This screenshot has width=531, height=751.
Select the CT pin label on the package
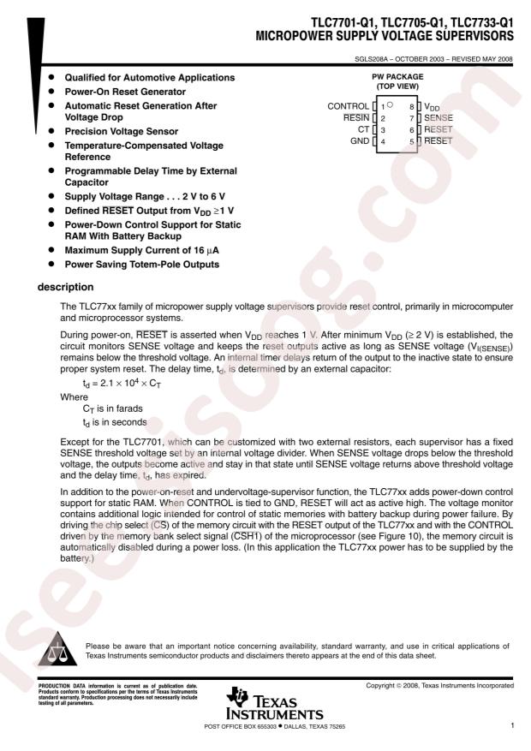pyautogui.click(x=363, y=128)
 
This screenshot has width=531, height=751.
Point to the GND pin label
pyautogui.click(x=360, y=140)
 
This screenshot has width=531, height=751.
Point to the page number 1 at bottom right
pyautogui.click(x=511, y=726)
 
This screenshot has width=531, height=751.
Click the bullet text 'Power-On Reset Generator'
pyautogui.click(x=125, y=91)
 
